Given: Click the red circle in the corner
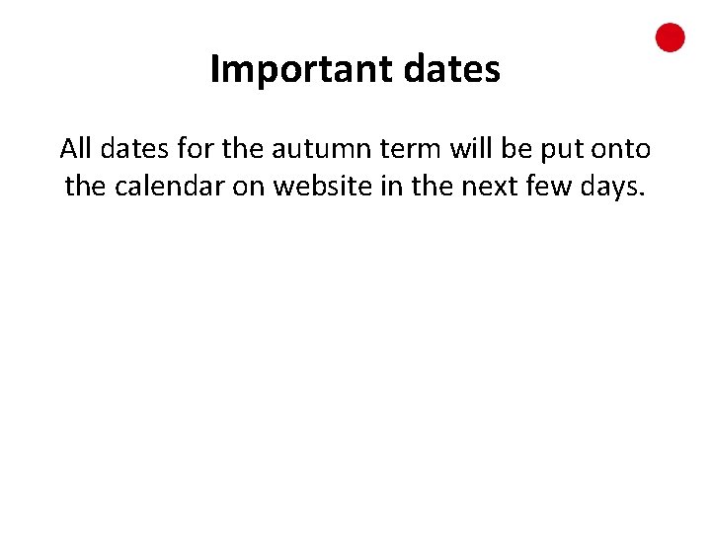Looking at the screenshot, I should [671, 38].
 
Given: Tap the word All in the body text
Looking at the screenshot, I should [75, 149].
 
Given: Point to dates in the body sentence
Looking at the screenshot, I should [128, 149].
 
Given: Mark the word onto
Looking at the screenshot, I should [619, 150].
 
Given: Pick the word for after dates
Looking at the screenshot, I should [193, 149].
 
